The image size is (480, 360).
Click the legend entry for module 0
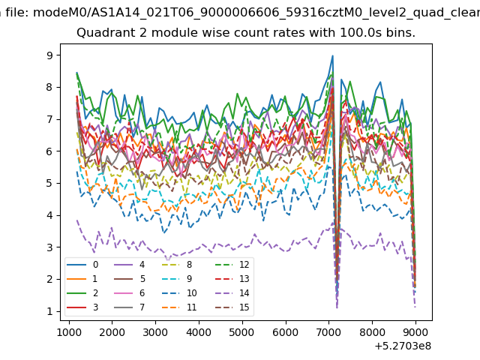click(82, 265)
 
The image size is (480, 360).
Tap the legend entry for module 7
click(129, 307)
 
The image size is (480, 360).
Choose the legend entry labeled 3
click(82, 307)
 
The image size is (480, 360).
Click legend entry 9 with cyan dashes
click(177, 278)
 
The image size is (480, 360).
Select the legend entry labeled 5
click(129, 278)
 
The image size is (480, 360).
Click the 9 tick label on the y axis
click(49, 55)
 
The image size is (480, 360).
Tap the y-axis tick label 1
click(49, 312)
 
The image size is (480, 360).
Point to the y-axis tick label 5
click(49, 183)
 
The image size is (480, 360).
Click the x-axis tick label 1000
click(69, 332)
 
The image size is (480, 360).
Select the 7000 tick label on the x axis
click(329, 332)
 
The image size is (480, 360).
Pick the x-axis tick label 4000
click(199, 332)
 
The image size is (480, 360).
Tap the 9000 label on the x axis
click(415, 332)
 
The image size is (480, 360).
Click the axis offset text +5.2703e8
click(403, 346)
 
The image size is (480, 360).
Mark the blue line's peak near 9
click(333, 55)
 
